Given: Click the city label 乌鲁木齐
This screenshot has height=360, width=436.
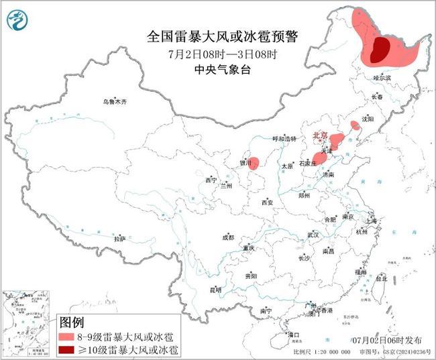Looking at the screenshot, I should [114, 101].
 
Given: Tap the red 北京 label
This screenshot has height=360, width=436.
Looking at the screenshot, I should [321, 137].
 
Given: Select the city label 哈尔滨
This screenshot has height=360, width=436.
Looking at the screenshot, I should [381, 78].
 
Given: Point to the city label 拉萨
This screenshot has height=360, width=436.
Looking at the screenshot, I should [119, 238].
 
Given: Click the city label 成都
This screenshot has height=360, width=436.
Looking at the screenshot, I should [228, 237].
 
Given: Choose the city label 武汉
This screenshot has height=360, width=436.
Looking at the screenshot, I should [313, 235].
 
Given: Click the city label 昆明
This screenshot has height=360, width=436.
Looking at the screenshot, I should [215, 290].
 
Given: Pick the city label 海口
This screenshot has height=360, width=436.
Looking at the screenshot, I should [293, 333].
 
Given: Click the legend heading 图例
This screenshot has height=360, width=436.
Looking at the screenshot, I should [72, 322].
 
